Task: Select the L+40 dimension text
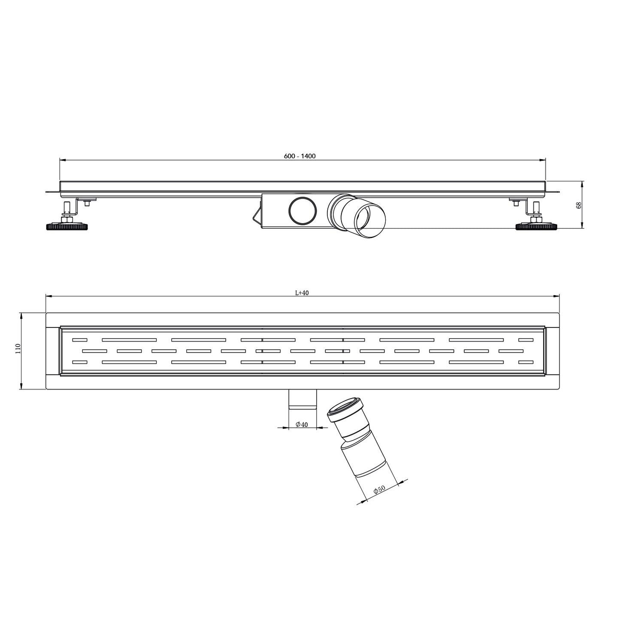[302, 293]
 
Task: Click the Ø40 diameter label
[302, 425]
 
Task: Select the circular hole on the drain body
[303, 210]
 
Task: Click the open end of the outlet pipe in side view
[372, 221]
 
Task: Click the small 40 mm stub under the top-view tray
[302, 399]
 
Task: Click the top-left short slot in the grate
[79, 340]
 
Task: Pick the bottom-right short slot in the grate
[526, 362]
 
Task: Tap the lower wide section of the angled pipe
[365, 459]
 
